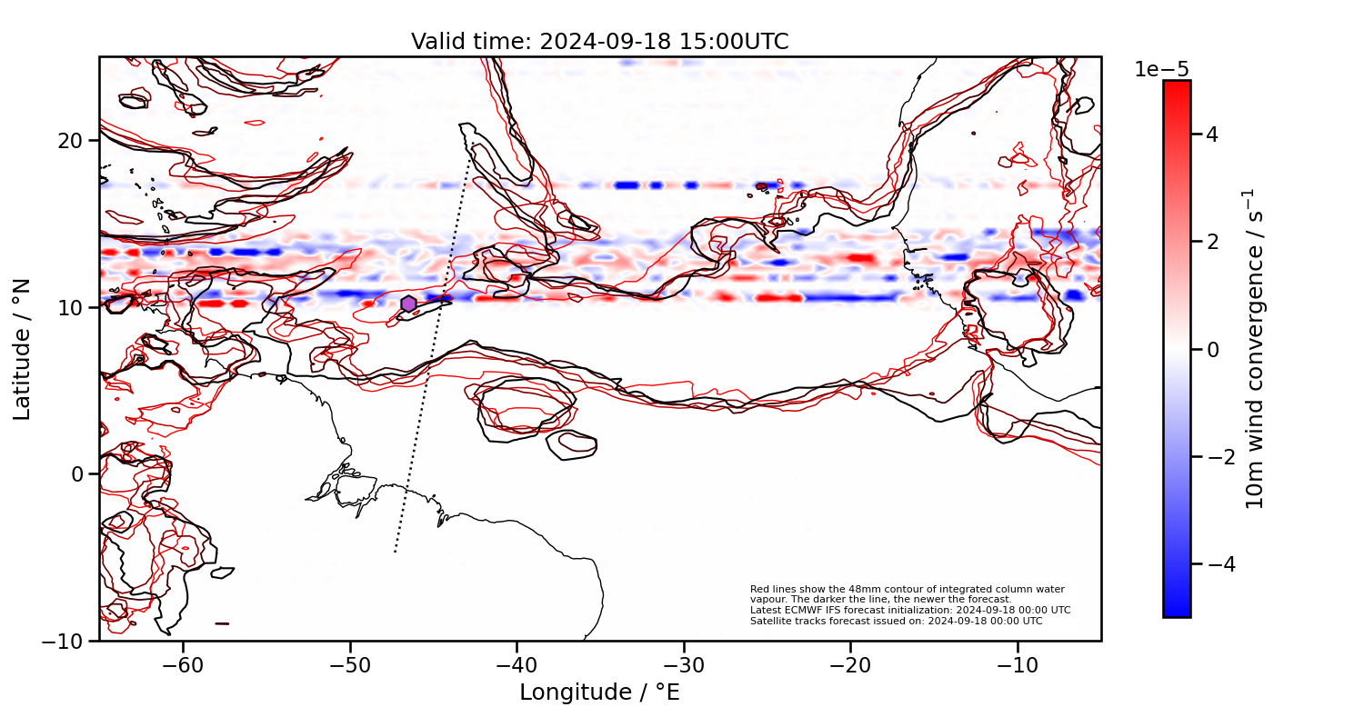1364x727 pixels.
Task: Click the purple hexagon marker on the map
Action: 408,304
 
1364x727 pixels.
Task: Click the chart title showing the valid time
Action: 599,42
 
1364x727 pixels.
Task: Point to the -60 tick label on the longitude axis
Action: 182,664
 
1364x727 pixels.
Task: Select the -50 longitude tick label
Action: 349,664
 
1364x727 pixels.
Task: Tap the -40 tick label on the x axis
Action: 517,664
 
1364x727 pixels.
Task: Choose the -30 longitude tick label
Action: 683,664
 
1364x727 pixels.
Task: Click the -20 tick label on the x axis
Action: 850,664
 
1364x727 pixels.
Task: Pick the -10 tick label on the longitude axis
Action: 1017,664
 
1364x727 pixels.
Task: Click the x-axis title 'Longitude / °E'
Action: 599,692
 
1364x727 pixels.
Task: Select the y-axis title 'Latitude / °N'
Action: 23,349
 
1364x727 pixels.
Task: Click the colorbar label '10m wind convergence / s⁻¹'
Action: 1255,349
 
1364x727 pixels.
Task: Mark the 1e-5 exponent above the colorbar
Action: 1161,70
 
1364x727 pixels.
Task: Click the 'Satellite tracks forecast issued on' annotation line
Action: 896,622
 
